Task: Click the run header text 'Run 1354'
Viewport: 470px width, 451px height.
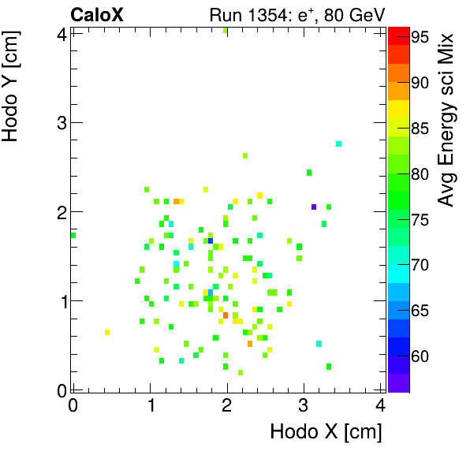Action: [x=243, y=14]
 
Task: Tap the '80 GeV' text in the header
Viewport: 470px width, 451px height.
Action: [x=352, y=14]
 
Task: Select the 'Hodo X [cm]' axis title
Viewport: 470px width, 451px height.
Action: [x=326, y=432]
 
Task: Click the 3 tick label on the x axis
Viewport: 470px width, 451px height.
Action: [x=304, y=406]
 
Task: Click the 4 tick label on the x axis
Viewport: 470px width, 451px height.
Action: [x=381, y=406]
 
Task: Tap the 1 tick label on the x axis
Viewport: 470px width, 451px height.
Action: [x=150, y=406]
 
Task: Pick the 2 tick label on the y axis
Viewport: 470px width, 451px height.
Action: [x=61, y=211]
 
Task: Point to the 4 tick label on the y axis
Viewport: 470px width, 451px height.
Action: [x=61, y=33]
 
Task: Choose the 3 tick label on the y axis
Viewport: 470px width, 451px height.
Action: [x=61, y=122]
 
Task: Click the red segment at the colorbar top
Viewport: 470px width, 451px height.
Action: [x=398, y=33]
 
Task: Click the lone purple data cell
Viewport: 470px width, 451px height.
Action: [x=314, y=207]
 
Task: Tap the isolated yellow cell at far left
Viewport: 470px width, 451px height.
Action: [x=107, y=332]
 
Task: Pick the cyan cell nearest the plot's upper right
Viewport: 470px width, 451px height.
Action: [x=338, y=143]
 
